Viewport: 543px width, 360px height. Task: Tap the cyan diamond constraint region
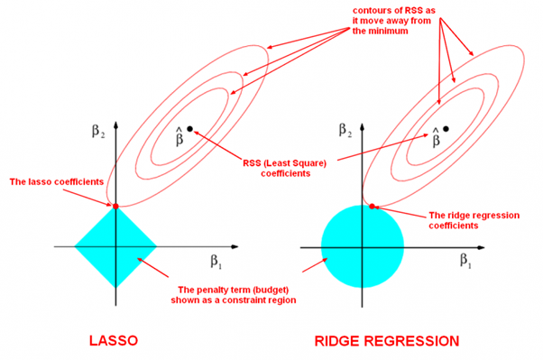point(115,245)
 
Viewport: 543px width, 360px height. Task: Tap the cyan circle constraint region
point(363,245)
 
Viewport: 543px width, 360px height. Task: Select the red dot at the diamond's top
point(115,207)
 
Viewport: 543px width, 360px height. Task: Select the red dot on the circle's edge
point(373,208)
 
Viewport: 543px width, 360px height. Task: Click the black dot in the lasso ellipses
point(189,129)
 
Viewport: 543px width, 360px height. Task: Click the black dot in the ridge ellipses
point(446,129)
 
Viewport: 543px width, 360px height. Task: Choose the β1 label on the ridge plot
point(465,261)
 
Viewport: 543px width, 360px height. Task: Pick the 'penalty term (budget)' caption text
point(235,295)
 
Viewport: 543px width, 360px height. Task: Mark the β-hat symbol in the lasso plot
point(179,136)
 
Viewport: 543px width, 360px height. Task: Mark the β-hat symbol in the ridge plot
point(436,136)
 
